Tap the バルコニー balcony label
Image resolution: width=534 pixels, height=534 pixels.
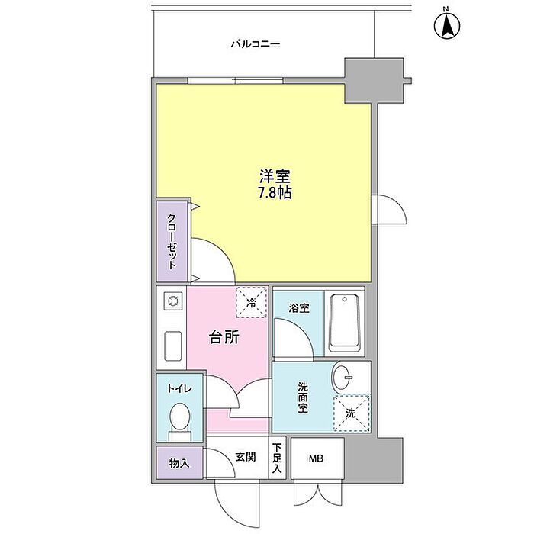tap(256, 44)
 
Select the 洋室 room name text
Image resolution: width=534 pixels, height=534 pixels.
tap(275, 175)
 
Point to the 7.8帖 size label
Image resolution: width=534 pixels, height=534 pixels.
tap(275, 192)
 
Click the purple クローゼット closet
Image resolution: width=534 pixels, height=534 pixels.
tap(172, 240)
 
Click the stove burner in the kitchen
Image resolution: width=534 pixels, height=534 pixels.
tap(172, 301)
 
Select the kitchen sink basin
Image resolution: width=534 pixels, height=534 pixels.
tap(172, 348)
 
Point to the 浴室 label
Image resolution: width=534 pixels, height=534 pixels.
tap(298, 309)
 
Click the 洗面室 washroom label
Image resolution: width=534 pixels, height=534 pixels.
tap(303, 400)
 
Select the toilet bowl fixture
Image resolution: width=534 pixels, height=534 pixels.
tap(180, 420)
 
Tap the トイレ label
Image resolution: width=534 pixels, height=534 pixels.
tap(180, 388)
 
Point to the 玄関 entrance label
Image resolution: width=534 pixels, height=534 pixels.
tap(245, 458)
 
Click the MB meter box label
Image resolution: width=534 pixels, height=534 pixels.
tap(316, 458)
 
